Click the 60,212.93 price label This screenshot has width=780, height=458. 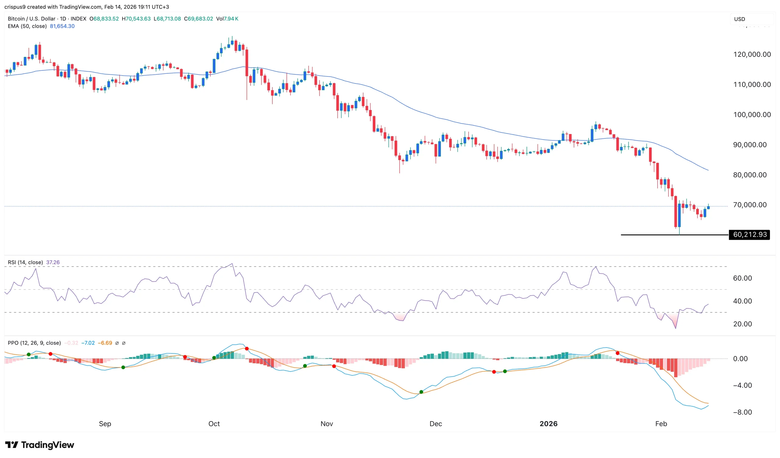coord(749,235)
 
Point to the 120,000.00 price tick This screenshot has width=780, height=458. coord(752,55)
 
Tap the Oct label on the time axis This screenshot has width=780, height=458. coord(214,424)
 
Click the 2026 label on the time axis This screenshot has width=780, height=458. coord(548,424)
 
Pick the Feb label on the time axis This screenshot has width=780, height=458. coord(661,424)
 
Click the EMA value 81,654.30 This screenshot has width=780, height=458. coord(62,26)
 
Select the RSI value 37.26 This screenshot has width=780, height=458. coord(53,262)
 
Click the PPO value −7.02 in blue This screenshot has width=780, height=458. coord(88,343)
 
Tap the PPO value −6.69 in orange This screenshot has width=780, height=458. coord(105,343)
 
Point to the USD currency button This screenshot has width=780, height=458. coord(739,19)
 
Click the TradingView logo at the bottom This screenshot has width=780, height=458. coord(40,445)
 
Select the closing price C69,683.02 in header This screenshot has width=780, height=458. coord(198,19)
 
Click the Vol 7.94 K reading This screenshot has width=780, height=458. coord(227,19)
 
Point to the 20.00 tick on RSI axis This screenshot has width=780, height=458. coord(742,324)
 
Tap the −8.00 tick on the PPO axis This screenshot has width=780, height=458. coord(742,412)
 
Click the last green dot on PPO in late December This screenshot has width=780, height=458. coord(505,371)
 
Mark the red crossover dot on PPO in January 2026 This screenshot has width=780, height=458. coord(618,353)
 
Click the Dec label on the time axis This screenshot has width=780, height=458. coord(435,424)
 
